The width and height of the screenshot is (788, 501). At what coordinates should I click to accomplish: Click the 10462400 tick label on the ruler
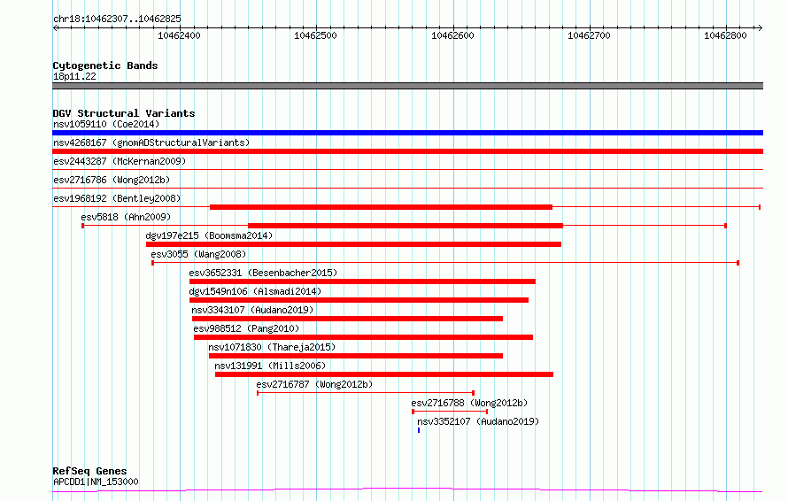tap(179, 35)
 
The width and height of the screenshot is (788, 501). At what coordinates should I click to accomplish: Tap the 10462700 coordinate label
tap(589, 35)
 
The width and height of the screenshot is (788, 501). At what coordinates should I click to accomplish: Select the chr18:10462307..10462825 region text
tap(117, 19)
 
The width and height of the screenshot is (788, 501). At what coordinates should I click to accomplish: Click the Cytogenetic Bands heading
tap(105, 66)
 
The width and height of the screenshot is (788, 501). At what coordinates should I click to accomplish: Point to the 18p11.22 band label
tap(74, 76)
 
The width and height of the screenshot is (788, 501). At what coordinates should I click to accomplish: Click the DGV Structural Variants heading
tap(124, 113)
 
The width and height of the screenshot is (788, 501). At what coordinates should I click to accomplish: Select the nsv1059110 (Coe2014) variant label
tap(106, 124)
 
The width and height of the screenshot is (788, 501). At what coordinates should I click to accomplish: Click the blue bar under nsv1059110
tap(407, 133)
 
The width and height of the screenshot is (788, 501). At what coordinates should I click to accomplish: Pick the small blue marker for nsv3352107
tap(419, 430)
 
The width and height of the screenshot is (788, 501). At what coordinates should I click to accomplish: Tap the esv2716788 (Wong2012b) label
tap(469, 403)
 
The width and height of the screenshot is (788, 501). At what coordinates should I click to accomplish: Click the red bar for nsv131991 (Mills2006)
tap(384, 374)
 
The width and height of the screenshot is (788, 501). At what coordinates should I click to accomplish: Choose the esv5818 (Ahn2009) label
tap(126, 217)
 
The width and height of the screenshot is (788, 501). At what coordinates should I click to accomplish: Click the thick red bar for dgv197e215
tap(354, 244)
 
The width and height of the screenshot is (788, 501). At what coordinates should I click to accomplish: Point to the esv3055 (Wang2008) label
tap(198, 254)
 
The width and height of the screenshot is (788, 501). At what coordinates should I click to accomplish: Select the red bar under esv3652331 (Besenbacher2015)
tap(362, 281)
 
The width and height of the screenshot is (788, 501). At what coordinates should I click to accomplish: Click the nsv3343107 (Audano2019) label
tap(252, 310)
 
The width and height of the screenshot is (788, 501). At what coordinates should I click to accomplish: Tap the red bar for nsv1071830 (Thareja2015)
tap(356, 356)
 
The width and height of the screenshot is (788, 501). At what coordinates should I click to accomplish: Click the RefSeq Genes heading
tap(89, 471)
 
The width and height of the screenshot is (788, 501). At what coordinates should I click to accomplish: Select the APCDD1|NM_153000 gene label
tap(96, 482)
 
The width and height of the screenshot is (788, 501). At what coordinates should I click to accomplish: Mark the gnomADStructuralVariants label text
tap(181, 143)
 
